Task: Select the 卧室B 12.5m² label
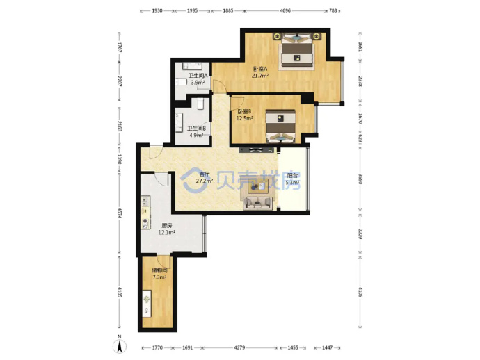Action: point(244,115)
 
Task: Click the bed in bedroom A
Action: point(297,51)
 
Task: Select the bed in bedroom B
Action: point(280,126)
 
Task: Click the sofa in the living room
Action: point(258,203)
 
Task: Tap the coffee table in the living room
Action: point(258,186)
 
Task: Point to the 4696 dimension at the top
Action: point(285,10)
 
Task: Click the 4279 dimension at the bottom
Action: point(239,347)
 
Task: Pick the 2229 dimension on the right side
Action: point(360,234)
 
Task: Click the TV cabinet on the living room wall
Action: point(257,150)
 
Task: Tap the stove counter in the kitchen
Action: point(145,213)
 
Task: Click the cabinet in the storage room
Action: point(147,303)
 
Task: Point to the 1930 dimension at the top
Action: point(157,10)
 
